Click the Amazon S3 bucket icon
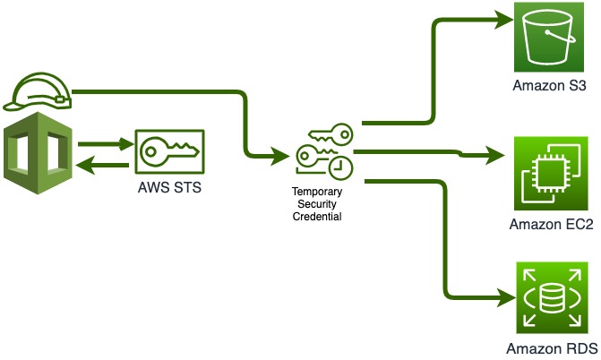pos(548,38)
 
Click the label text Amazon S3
pos(548,87)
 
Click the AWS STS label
pos(167,190)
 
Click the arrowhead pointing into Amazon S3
pos(499,19)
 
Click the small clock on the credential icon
pos(341,167)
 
